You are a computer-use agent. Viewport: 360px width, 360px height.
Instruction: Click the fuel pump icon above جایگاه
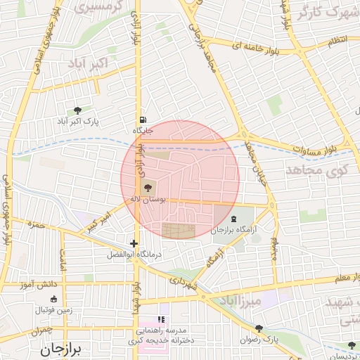pos(143,120)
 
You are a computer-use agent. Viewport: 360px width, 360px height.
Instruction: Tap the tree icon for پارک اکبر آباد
pos(77,110)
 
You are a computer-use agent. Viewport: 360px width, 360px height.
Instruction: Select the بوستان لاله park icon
pos(147,188)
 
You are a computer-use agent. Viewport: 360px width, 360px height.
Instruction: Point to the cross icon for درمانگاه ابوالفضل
pos(134,243)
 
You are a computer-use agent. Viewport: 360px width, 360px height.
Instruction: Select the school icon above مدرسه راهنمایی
pos(160,319)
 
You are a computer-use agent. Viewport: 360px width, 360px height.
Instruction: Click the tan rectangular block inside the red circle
pos(176,230)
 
